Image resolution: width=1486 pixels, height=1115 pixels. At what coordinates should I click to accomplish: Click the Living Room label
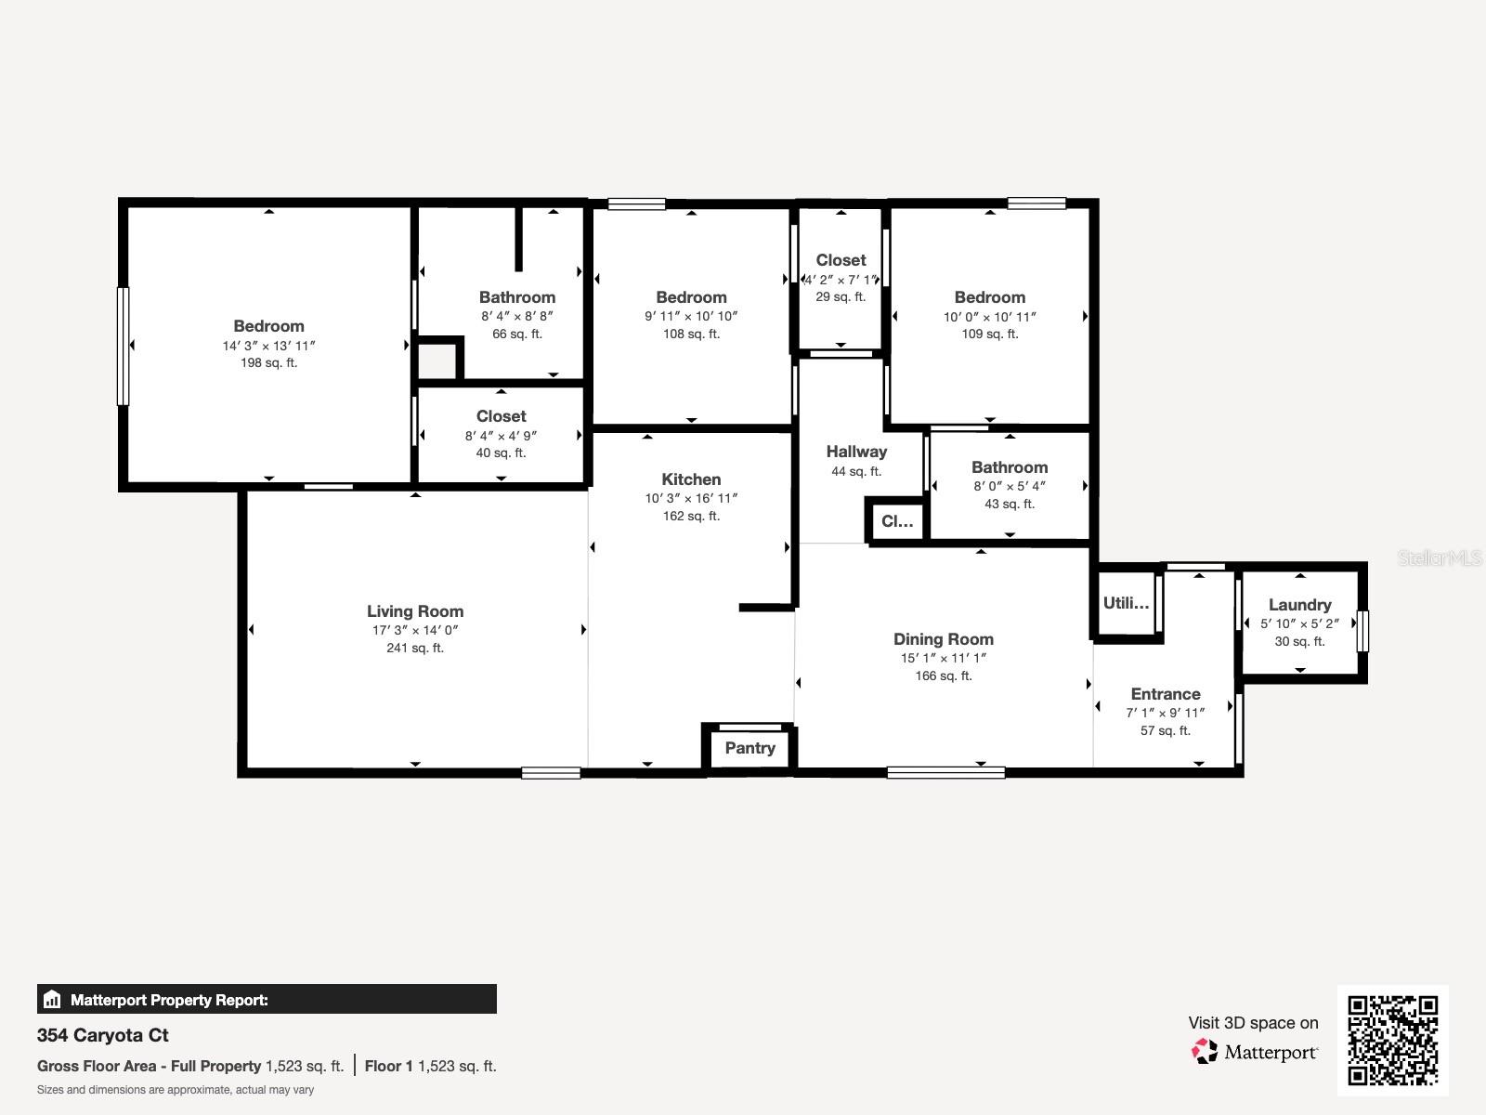tap(414, 611)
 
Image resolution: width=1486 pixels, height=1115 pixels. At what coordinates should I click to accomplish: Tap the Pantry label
tap(750, 748)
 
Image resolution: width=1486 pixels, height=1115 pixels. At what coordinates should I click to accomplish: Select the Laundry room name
tap(1299, 605)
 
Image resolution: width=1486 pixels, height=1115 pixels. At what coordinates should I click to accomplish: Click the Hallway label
tap(856, 452)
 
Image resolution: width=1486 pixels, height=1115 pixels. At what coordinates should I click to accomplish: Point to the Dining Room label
tap(943, 639)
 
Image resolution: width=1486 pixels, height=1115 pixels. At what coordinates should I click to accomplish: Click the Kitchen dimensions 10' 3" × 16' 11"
tap(691, 498)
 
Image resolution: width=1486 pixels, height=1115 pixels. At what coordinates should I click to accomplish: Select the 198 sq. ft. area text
tap(268, 363)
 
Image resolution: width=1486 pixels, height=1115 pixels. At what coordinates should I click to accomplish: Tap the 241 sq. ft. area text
tap(414, 648)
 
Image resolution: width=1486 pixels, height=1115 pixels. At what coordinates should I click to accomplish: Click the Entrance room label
tap(1165, 694)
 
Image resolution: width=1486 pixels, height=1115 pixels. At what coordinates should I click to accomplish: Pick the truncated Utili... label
tap(1126, 603)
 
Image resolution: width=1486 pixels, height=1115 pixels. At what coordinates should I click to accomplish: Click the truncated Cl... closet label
tap(896, 521)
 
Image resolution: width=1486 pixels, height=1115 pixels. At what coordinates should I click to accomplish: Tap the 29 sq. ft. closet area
tap(841, 297)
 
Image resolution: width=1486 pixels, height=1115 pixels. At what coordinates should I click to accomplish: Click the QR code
tap(1392, 1041)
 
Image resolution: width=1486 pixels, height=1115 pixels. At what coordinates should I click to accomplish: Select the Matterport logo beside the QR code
tap(1254, 1052)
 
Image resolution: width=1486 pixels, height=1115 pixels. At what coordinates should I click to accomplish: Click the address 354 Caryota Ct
tap(103, 1035)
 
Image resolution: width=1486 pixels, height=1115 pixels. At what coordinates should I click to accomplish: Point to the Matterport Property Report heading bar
tap(267, 1000)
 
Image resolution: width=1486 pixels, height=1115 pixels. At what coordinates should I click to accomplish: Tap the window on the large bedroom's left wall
tap(123, 346)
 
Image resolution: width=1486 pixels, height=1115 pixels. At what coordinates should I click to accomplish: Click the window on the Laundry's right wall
tap(1362, 630)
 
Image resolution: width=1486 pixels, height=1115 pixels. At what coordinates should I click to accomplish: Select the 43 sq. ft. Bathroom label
tap(1009, 467)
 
